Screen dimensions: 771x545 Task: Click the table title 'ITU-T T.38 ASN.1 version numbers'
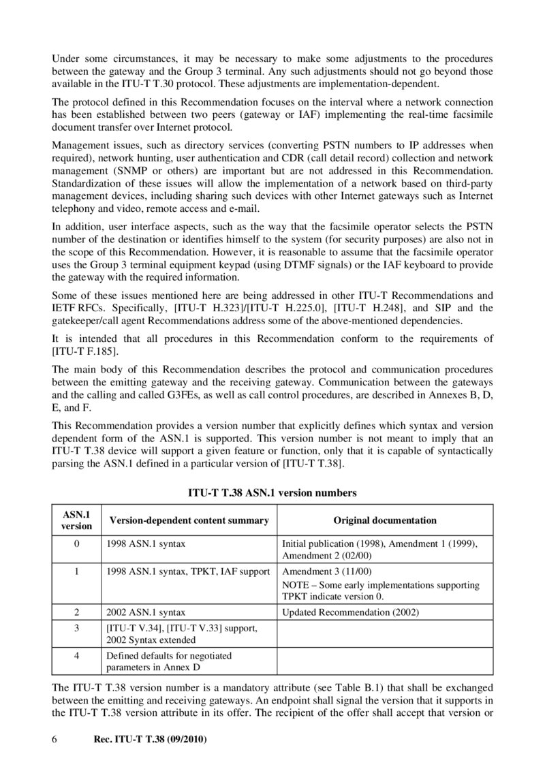pyautogui.click(x=272, y=491)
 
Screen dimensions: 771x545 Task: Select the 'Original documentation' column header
pyautogui.click(x=384, y=520)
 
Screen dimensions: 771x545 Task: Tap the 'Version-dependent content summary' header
pyautogui.click(x=189, y=520)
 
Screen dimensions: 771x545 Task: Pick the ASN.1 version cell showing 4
pyautogui.click(x=76, y=655)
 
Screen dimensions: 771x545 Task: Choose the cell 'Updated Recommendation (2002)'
pyautogui.click(x=350, y=612)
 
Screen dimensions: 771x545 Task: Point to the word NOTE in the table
pyautogui.click(x=295, y=585)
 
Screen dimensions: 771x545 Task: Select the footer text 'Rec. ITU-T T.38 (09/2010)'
pyautogui.click(x=149, y=738)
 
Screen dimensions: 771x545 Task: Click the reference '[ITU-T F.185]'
pyautogui.click(x=85, y=351)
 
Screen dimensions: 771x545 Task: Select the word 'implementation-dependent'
pyautogui.click(x=382, y=84)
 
